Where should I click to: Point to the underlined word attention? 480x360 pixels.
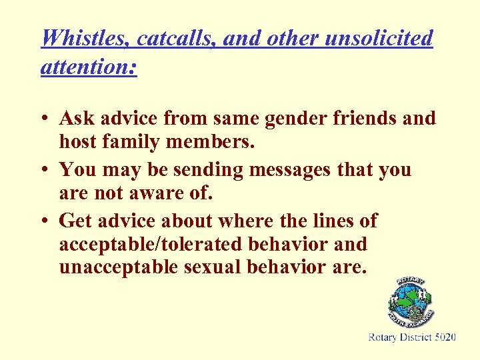pyautogui.click(x=89, y=67)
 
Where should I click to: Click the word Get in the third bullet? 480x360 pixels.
pyautogui.click(x=75, y=220)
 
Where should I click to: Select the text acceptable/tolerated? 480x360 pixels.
pyautogui.click(x=151, y=244)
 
